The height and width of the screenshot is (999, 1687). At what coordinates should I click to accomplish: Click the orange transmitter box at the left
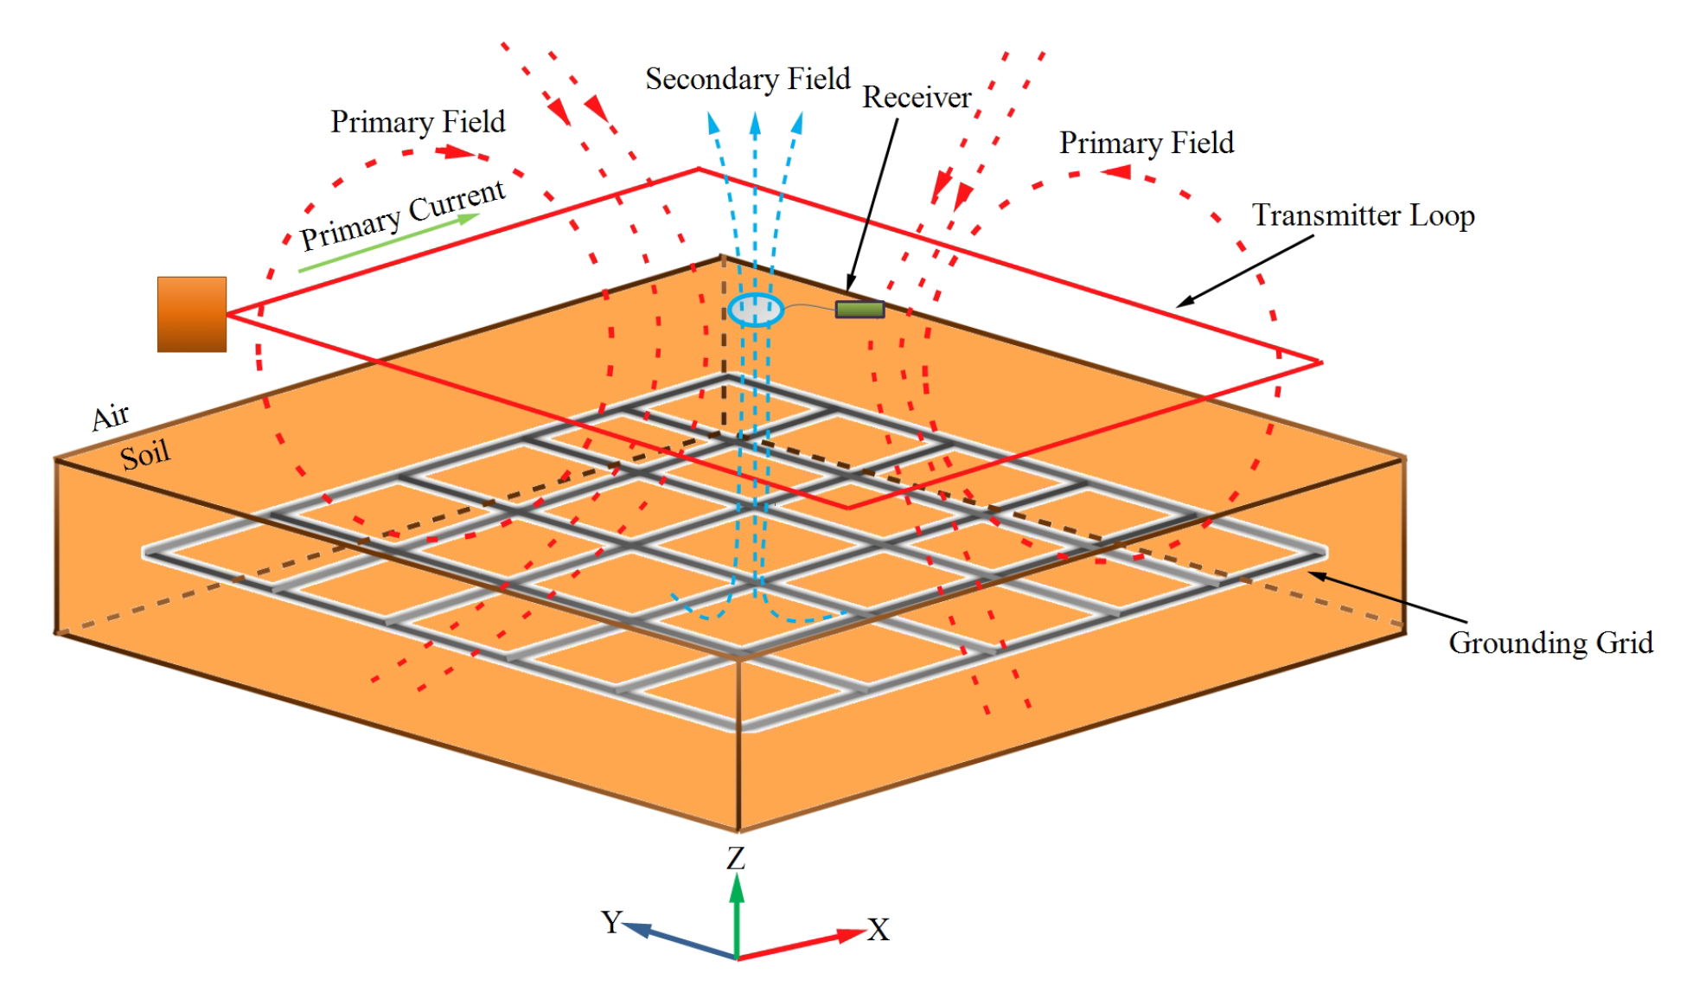pyautogui.click(x=191, y=314)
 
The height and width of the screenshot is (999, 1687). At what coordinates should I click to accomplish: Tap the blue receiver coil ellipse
pyautogui.click(x=755, y=310)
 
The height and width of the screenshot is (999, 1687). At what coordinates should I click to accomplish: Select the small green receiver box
pyautogui.click(x=859, y=309)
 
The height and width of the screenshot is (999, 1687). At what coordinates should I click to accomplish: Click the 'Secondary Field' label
pyautogui.click(x=748, y=79)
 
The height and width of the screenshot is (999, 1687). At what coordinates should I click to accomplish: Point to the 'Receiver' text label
pyautogui.click(x=917, y=98)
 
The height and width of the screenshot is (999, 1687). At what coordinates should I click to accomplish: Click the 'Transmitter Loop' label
pyautogui.click(x=1364, y=215)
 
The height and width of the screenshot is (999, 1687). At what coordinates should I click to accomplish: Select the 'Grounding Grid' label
pyautogui.click(x=1550, y=643)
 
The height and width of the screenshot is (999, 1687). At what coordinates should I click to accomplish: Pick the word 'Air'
pyautogui.click(x=111, y=417)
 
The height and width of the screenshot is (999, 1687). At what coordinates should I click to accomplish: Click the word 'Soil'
pyautogui.click(x=144, y=455)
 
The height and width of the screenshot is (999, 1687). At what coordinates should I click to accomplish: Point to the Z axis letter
pyautogui.click(x=736, y=859)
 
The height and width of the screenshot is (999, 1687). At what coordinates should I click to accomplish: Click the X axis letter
pyautogui.click(x=879, y=930)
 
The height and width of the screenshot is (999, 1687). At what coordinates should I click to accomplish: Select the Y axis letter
pyautogui.click(x=611, y=922)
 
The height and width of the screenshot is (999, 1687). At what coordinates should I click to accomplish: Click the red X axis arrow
pyautogui.click(x=804, y=945)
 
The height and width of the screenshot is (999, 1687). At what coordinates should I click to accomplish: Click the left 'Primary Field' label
pyautogui.click(x=418, y=122)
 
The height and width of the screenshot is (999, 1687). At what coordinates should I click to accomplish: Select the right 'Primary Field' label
pyautogui.click(x=1147, y=143)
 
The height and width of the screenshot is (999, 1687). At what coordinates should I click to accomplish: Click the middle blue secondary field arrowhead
pyautogui.click(x=755, y=124)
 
